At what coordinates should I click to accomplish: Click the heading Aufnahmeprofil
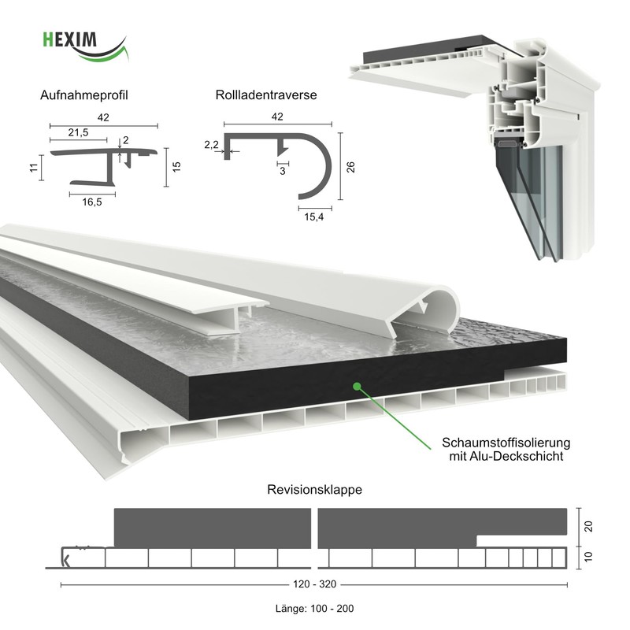pyautogui.click(x=84, y=95)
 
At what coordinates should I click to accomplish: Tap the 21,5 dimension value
pyautogui.click(x=78, y=132)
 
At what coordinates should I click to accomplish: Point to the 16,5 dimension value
pyautogui.click(x=91, y=202)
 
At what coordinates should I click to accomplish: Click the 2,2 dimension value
pyautogui.click(x=211, y=145)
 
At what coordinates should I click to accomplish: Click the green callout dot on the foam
pyautogui.click(x=357, y=386)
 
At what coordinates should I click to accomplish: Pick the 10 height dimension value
pyautogui.click(x=587, y=558)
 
